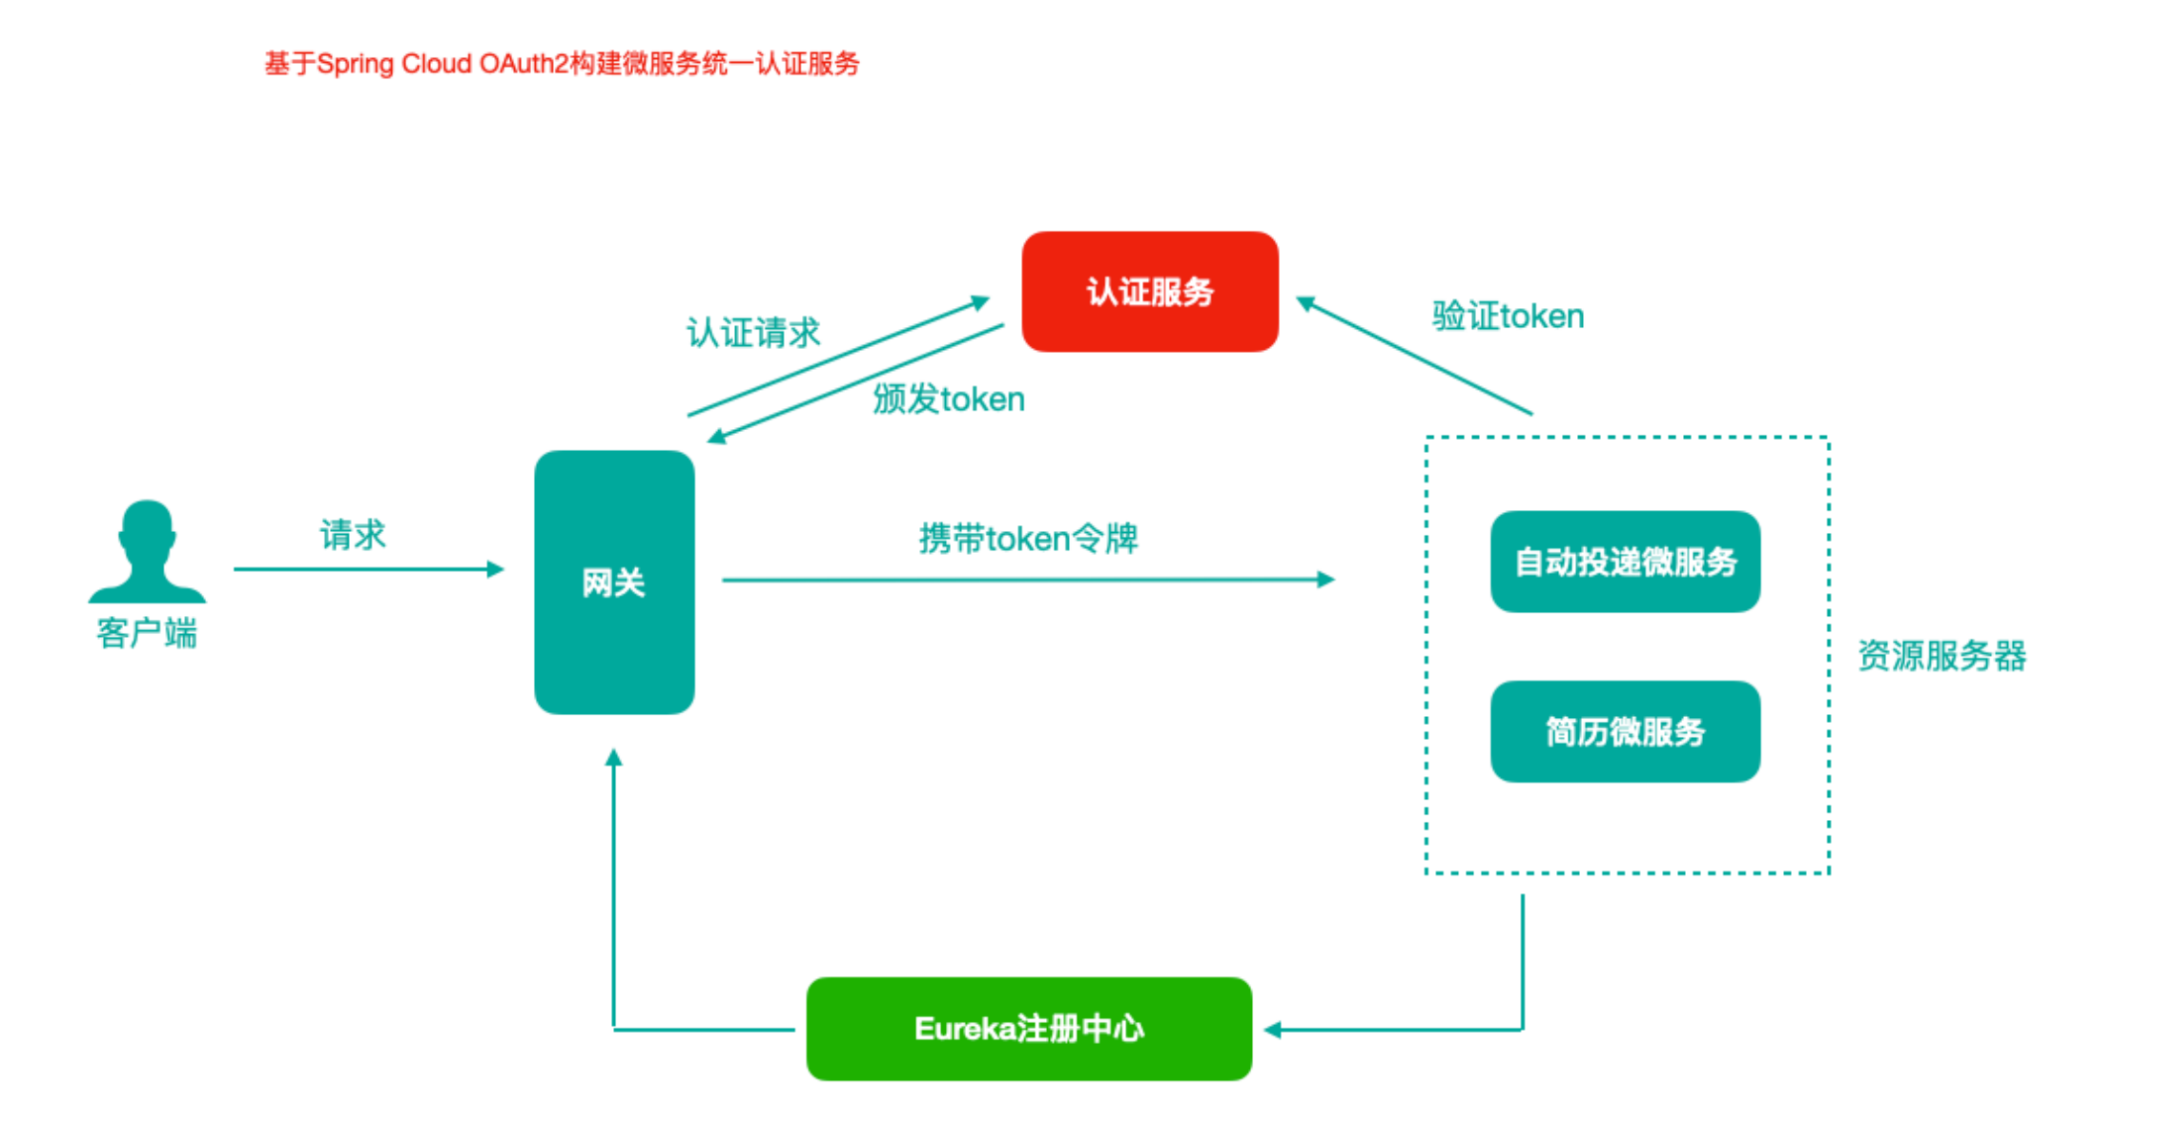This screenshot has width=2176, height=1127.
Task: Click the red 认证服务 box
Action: click(x=1149, y=292)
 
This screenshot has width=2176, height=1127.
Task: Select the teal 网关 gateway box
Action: click(x=614, y=582)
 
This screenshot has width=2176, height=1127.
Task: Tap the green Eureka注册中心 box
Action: click(x=1028, y=1029)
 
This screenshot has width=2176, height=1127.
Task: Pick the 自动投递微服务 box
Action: click(x=1625, y=562)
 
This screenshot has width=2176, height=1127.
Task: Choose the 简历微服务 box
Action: click(x=1625, y=731)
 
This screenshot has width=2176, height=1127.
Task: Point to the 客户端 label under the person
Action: click(x=147, y=633)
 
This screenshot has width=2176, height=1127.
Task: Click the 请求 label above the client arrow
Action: click(x=352, y=535)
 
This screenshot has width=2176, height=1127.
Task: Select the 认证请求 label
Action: click(x=753, y=333)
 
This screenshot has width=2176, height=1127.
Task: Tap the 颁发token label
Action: click(x=949, y=399)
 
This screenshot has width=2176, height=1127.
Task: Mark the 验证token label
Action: click(x=1508, y=316)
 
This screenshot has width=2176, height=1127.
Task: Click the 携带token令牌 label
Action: click(x=1028, y=539)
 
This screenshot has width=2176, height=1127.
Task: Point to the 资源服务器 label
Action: click(x=1941, y=656)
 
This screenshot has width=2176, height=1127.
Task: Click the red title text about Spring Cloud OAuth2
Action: click(x=562, y=64)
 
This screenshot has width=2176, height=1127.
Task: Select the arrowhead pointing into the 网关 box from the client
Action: click(x=496, y=569)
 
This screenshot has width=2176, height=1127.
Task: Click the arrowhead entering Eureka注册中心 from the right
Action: click(x=1272, y=1030)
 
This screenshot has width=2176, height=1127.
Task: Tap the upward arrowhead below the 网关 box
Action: click(x=614, y=758)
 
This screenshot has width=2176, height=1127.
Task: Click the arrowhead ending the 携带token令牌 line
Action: click(x=1325, y=579)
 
